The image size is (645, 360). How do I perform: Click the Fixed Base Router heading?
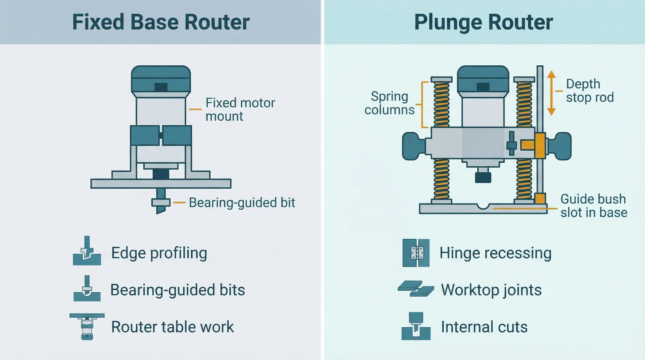(x=160, y=22)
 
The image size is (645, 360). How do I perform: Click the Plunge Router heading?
(x=483, y=22)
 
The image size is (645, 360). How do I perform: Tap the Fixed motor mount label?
(x=240, y=109)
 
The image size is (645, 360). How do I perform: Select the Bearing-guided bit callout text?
(x=242, y=202)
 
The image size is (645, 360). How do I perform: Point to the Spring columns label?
(x=389, y=103)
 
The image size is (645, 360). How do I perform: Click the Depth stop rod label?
(x=589, y=91)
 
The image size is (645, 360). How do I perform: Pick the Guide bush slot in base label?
(x=593, y=206)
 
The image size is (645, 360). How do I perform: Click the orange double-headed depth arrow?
(x=551, y=93)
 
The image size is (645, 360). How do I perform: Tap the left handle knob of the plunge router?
(x=413, y=146)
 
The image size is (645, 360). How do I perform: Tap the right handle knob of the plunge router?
(x=561, y=146)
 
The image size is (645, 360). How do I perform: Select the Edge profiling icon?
(x=87, y=252)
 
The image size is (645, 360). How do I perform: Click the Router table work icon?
(x=87, y=326)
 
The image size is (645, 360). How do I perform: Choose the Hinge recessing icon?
(x=416, y=253)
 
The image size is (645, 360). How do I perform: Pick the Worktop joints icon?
(x=416, y=289)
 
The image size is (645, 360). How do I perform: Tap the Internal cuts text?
(x=484, y=327)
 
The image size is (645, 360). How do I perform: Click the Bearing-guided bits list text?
(x=177, y=290)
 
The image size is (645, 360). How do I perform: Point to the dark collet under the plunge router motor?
(x=483, y=177)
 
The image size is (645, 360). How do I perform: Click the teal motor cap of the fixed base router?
(x=161, y=79)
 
